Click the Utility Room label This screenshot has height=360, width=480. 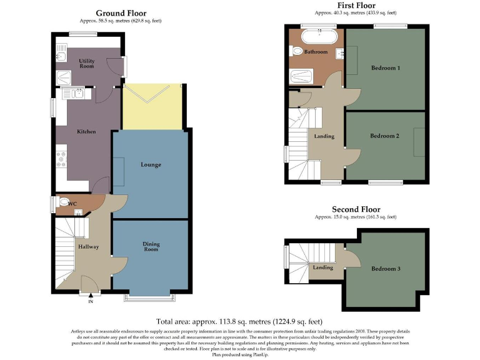(x=86, y=63)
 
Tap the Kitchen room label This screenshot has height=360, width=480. (x=86, y=132)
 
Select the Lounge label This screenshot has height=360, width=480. (x=151, y=165)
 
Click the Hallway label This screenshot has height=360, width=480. (x=88, y=247)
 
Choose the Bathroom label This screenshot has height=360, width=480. (x=316, y=52)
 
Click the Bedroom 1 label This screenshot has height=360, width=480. (x=385, y=67)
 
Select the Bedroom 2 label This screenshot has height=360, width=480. (x=384, y=136)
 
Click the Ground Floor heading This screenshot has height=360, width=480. (x=121, y=13)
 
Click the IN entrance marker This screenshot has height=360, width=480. (x=90, y=302)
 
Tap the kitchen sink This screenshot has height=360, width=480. (x=76, y=94)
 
